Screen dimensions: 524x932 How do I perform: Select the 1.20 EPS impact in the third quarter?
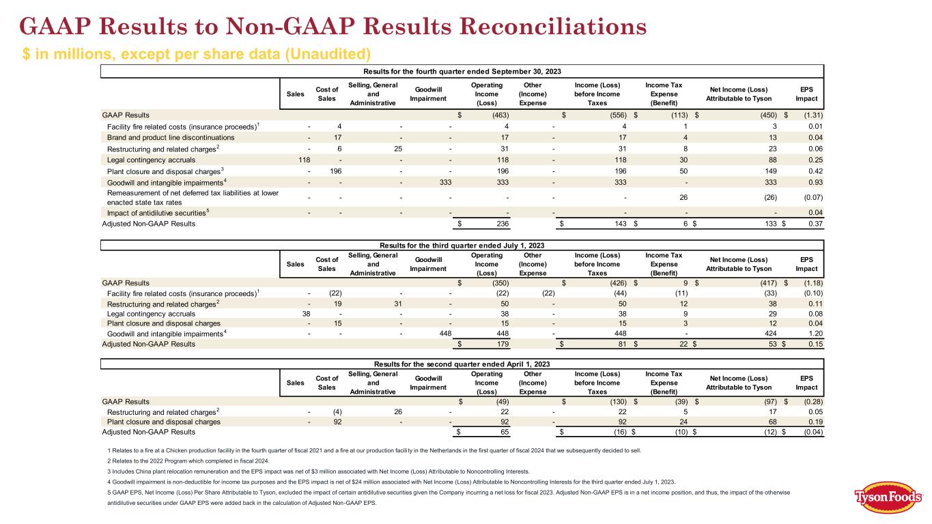pos(813,334)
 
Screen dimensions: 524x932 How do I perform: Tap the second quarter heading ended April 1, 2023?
pos(462,363)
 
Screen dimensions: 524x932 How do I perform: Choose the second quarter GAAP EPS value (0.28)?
pos(809,401)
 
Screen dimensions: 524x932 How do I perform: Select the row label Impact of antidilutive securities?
pos(156,212)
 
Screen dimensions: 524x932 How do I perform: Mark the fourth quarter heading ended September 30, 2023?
pos(462,72)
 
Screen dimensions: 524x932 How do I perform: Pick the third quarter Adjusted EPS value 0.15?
pos(813,345)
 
